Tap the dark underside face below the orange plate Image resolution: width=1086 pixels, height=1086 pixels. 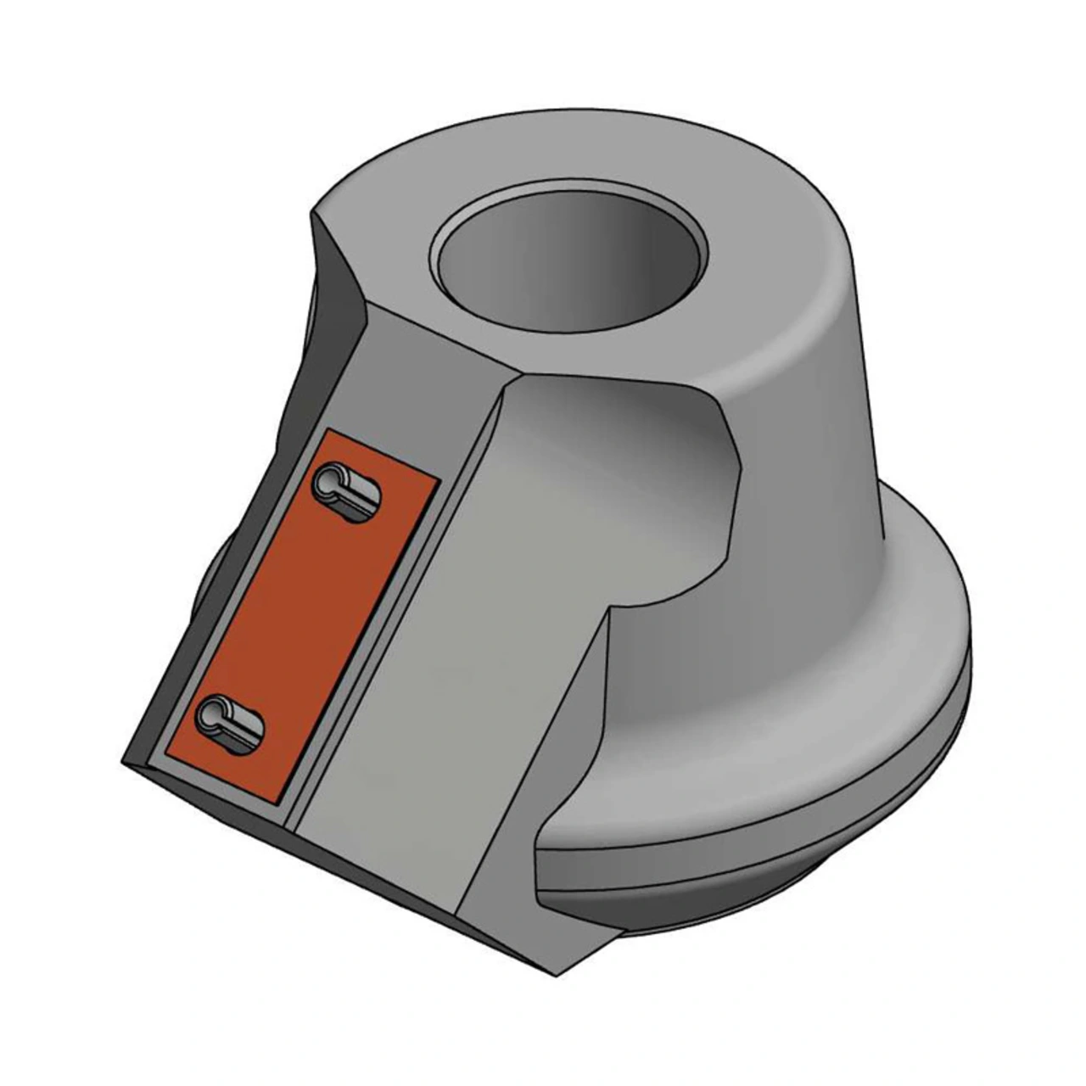(x=339, y=857)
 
